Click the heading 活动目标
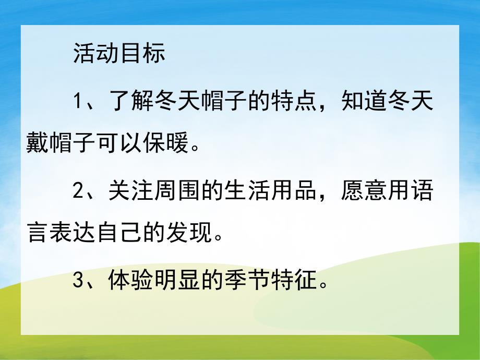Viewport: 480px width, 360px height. pos(119,54)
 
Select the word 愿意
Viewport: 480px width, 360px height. pos(360,192)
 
